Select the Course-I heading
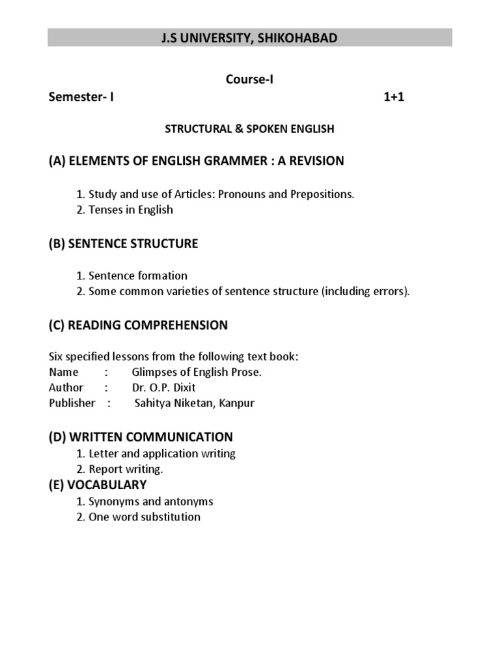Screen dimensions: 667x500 (x=249, y=79)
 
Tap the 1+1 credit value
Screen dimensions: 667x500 (x=394, y=98)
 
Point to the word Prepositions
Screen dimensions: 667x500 (x=320, y=195)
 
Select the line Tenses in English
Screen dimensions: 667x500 (x=131, y=210)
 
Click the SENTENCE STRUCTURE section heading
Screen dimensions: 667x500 (x=133, y=244)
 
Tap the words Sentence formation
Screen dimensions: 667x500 (x=138, y=276)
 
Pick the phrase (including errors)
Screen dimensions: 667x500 (x=365, y=291)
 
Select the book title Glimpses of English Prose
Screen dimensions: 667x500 (x=197, y=372)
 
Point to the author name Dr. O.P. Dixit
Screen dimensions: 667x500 (x=163, y=388)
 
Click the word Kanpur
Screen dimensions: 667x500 (x=237, y=403)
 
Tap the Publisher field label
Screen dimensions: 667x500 (x=72, y=403)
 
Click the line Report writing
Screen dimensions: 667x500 (x=126, y=469)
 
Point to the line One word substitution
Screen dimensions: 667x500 (x=145, y=517)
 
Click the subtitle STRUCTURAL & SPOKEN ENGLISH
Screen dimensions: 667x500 (x=249, y=129)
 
